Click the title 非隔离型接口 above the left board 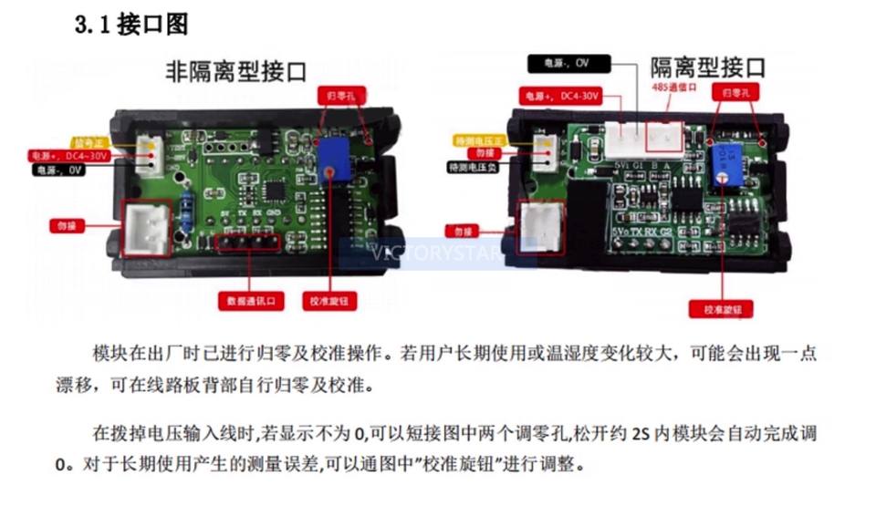click(235, 71)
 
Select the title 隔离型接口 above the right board click(707, 67)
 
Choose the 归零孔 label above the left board click(336, 95)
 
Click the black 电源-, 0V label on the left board click(61, 169)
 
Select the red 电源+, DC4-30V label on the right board click(558, 95)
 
